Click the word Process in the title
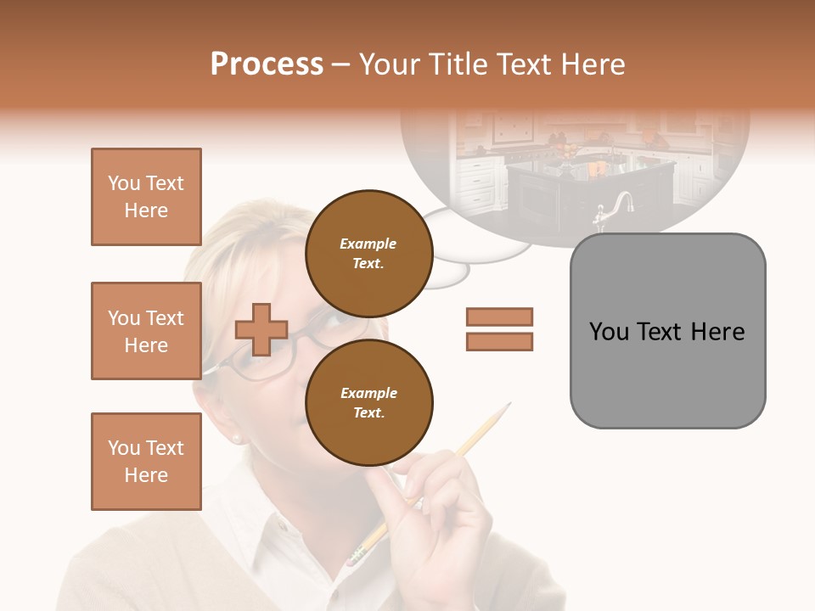click(x=267, y=64)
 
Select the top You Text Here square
click(x=146, y=197)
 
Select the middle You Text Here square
click(x=146, y=331)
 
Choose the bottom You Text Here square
click(x=146, y=461)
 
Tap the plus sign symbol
click(x=261, y=329)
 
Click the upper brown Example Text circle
click(x=368, y=253)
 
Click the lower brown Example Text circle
click(x=368, y=402)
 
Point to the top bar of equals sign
click(x=499, y=317)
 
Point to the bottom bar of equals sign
click(x=499, y=341)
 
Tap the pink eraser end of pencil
click(x=355, y=556)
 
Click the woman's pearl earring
click(x=236, y=438)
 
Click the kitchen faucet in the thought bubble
click(x=618, y=209)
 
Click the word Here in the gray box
click(x=717, y=332)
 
